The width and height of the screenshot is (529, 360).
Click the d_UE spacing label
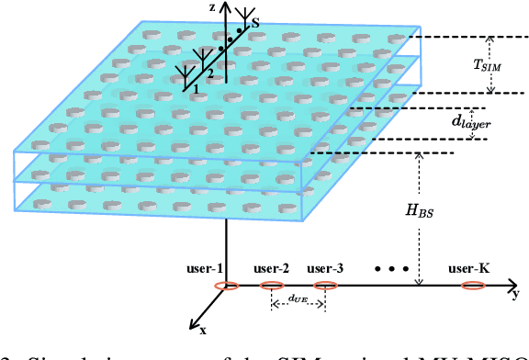click(x=298, y=298)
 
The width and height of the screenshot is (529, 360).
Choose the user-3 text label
click(x=325, y=269)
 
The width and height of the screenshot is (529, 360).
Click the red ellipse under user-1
click(x=226, y=287)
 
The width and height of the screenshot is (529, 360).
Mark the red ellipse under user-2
click(x=272, y=287)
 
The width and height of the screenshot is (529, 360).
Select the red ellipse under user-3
click(x=325, y=287)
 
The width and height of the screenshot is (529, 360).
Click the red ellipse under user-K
click(x=472, y=287)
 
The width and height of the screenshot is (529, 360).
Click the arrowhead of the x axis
click(x=192, y=324)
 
